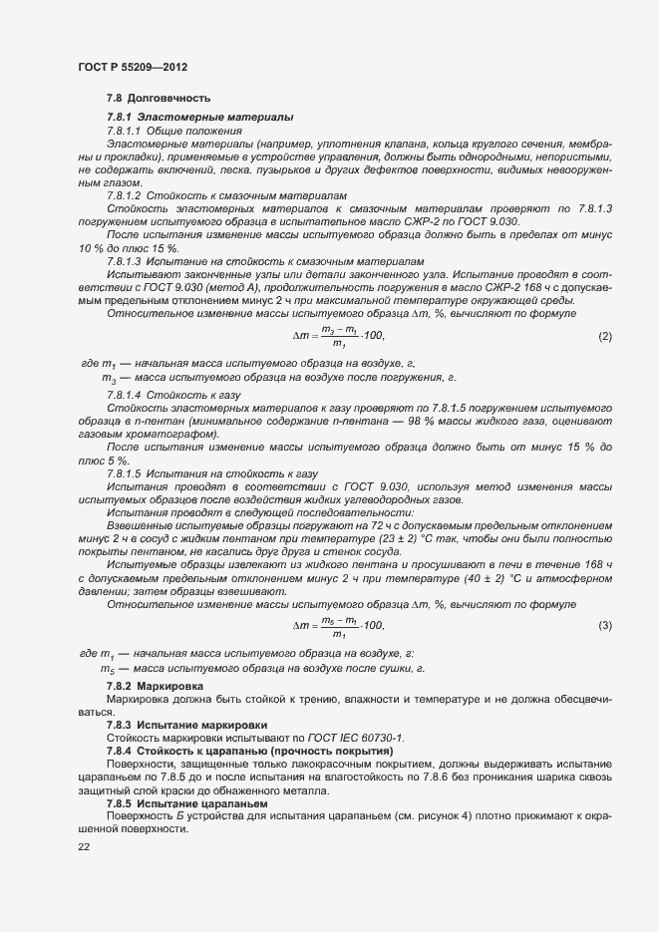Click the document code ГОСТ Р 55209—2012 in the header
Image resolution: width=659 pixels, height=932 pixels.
(x=133, y=66)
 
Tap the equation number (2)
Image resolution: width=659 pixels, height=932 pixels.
(x=604, y=336)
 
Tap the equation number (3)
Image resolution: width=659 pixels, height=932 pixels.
(x=604, y=625)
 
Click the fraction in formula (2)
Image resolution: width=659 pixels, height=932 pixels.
(x=339, y=336)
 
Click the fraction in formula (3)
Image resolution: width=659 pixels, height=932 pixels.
(x=339, y=625)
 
